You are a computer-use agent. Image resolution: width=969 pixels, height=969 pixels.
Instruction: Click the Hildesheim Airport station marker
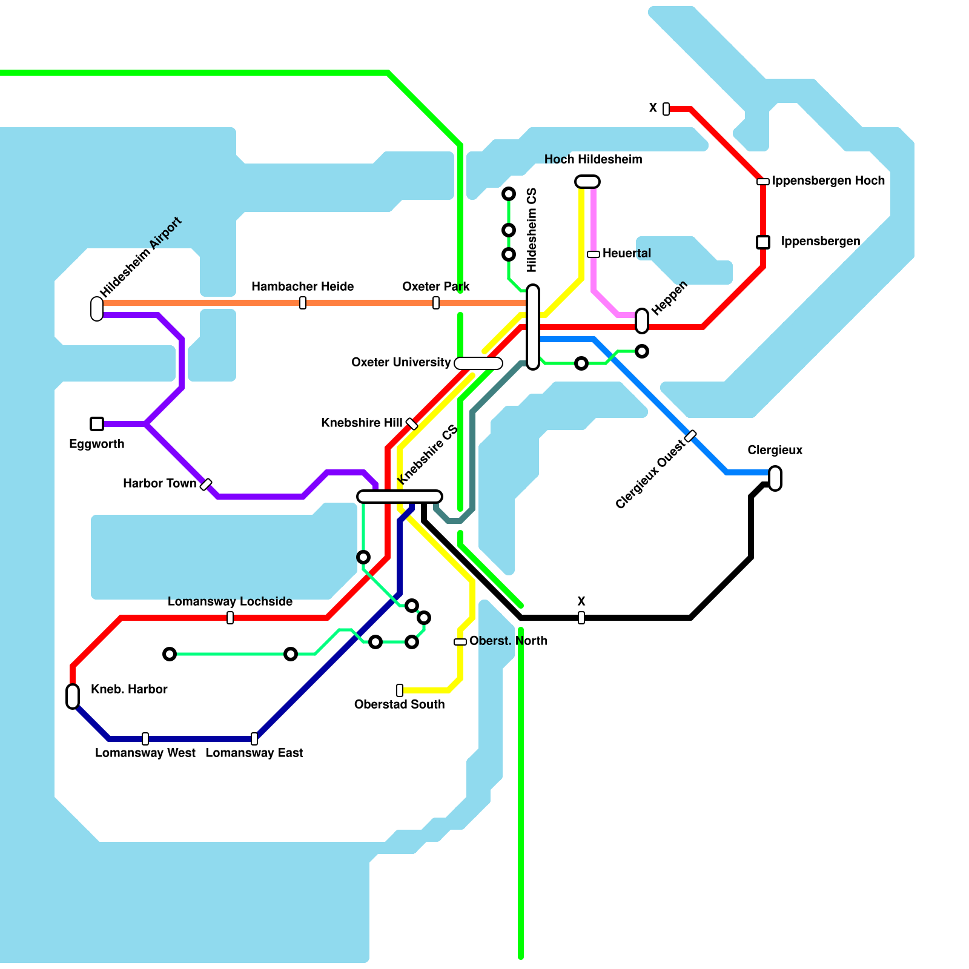coord(97,308)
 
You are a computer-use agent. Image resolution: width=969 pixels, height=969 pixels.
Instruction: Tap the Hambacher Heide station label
coord(302,286)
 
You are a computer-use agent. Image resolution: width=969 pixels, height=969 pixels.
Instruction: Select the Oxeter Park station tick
coord(436,303)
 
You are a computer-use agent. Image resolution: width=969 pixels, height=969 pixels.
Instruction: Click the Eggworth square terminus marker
coord(97,424)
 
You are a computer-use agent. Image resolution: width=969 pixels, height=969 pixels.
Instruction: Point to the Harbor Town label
coord(159,483)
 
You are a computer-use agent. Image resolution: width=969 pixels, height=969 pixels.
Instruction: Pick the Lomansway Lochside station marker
coord(230,618)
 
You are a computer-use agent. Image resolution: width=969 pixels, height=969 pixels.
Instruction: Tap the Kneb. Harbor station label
coord(129,689)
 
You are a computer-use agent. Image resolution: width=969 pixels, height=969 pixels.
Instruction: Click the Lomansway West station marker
coord(145,739)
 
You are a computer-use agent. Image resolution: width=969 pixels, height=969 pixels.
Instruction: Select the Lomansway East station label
coord(254,753)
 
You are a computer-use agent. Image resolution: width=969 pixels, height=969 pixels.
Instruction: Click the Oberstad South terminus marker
coord(400,690)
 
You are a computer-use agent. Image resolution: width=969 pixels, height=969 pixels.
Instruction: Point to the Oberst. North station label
coord(508,641)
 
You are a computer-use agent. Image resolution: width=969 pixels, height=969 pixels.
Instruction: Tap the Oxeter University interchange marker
coord(478,363)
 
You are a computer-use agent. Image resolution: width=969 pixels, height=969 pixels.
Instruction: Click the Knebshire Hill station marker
coord(412,423)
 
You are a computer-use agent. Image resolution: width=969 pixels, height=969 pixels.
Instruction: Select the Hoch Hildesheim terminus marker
coord(587,182)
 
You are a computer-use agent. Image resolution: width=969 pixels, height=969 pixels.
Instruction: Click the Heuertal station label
coord(627,253)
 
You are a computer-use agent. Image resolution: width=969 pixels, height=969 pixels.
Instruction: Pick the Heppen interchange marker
coord(642,320)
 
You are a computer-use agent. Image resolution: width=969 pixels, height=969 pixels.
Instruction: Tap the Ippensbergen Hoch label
coord(828,180)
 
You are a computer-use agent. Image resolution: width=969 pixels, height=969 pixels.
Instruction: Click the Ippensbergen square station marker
coord(763,242)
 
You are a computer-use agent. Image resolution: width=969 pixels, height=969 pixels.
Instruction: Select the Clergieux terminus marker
coord(775,478)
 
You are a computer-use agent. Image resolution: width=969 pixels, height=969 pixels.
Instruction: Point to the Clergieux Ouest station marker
coord(690,436)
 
